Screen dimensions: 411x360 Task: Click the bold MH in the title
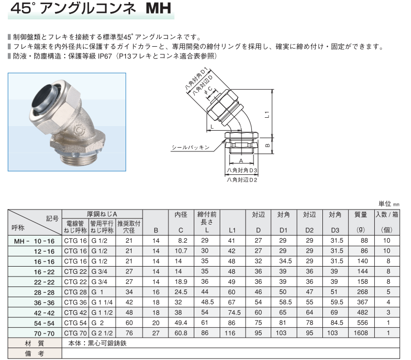click(158, 8)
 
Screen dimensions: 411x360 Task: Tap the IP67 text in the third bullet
click(105, 56)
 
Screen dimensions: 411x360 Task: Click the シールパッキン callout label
click(191, 147)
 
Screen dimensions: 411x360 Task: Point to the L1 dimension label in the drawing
click(267, 115)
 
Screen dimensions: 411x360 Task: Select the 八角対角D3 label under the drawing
click(242, 170)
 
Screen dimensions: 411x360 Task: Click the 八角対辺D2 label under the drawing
click(242, 180)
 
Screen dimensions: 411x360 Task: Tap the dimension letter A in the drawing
click(241, 161)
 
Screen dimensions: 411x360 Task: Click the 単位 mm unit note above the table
click(389, 204)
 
